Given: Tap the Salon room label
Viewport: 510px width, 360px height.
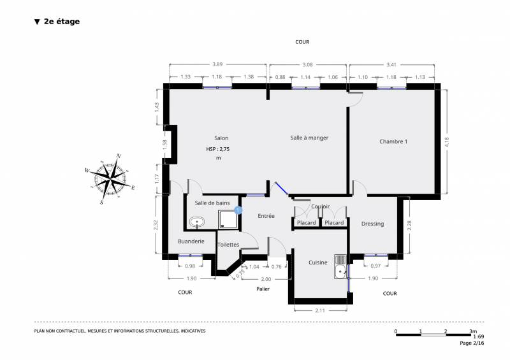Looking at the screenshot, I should (x=221, y=138).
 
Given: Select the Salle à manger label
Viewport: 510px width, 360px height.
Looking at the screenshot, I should (x=309, y=138).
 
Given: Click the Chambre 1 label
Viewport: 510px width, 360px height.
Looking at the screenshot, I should (x=393, y=141).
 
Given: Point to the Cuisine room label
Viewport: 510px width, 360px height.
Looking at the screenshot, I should (x=318, y=263).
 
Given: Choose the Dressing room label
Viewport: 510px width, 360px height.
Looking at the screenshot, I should (x=372, y=224).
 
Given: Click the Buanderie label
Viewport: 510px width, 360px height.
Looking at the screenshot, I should (x=191, y=241).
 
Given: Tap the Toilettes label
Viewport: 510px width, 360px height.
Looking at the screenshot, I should (x=228, y=245).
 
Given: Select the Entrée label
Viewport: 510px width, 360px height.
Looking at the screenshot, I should (x=266, y=216).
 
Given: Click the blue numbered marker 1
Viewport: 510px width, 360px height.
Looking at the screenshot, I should (x=238, y=209).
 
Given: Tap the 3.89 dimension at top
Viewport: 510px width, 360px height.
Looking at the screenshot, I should (x=217, y=64).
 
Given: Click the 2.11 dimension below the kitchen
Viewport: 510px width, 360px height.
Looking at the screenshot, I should (x=320, y=311).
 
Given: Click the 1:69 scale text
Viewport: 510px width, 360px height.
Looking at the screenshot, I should (x=479, y=336).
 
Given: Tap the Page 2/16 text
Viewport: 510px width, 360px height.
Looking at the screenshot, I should (x=472, y=343).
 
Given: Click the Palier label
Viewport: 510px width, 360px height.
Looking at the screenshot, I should (x=263, y=289).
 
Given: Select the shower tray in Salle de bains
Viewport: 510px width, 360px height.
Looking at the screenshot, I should (x=228, y=220).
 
